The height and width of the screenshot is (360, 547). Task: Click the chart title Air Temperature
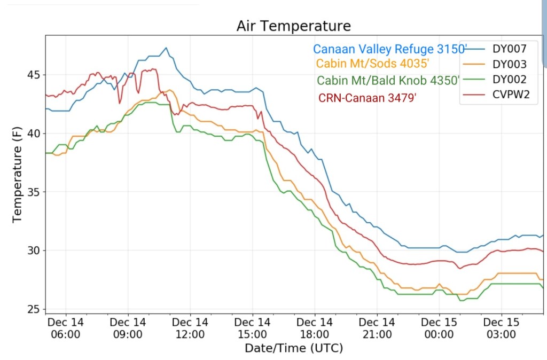pyautogui.click(x=294, y=26)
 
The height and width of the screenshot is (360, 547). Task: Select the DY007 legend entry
pyautogui.click(x=510, y=49)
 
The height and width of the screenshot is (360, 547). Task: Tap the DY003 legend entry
pyautogui.click(x=510, y=64)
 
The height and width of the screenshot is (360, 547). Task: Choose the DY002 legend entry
pyautogui.click(x=510, y=80)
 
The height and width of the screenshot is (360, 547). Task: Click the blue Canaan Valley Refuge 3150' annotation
pyautogui.click(x=390, y=49)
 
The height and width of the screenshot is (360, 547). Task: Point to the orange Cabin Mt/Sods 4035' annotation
pyautogui.click(x=373, y=64)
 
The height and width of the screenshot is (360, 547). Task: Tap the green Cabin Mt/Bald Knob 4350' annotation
pyautogui.click(x=388, y=81)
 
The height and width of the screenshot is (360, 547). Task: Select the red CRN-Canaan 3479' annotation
pyautogui.click(x=366, y=98)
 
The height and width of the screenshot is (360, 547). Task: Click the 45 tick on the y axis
pyautogui.click(x=34, y=75)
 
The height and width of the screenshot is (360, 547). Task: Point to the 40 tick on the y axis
pyautogui.click(x=34, y=134)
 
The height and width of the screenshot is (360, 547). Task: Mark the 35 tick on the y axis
pyautogui.click(x=34, y=192)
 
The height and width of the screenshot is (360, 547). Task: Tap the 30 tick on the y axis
pyautogui.click(x=34, y=251)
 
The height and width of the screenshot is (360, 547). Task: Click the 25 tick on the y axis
pyautogui.click(x=34, y=309)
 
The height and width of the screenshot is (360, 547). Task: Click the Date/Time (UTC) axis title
pyautogui.click(x=293, y=348)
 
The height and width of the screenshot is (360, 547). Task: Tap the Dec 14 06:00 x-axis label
pyautogui.click(x=66, y=328)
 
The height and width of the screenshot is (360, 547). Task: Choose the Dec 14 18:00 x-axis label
pyautogui.click(x=315, y=328)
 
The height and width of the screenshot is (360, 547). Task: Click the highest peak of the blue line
pyautogui.click(x=166, y=48)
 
